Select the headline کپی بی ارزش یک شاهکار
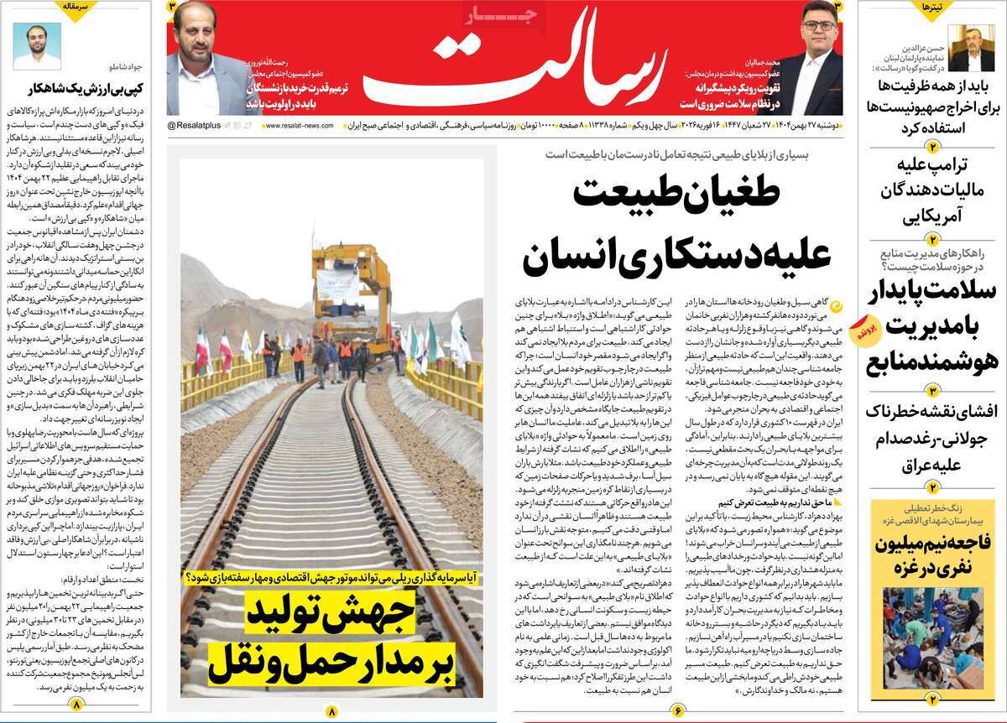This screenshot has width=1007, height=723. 75,87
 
